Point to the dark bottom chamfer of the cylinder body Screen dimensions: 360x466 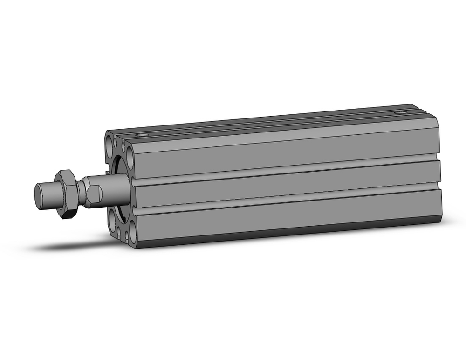pyautogui.click(x=284, y=232)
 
